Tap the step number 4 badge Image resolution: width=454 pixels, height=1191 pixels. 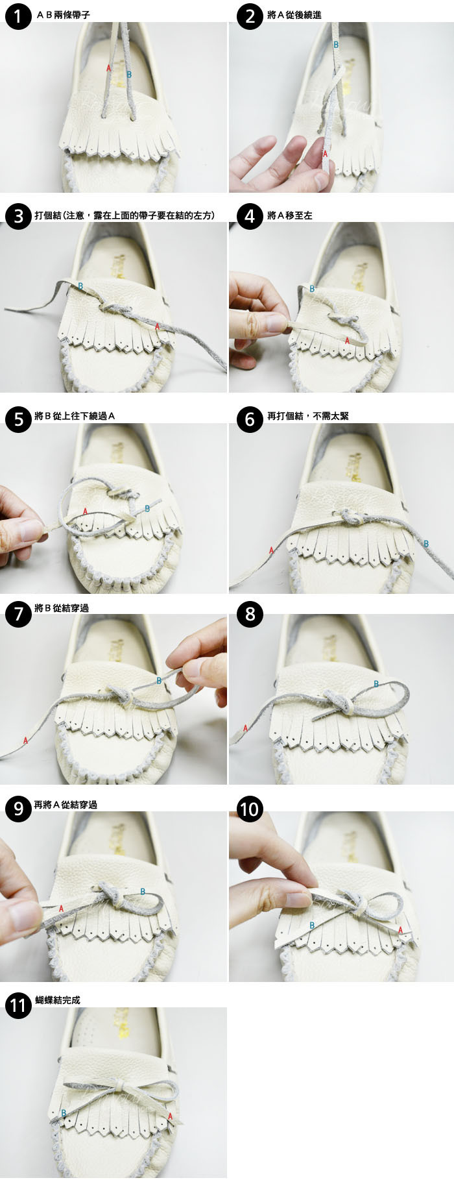point(250,215)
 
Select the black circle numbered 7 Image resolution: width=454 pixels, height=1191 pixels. point(18,613)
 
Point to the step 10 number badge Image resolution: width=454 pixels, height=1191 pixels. point(250,809)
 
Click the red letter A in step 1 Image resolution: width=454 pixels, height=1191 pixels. point(109,67)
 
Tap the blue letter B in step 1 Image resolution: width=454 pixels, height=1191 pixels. point(130,75)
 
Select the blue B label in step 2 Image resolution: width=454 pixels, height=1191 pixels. point(336,45)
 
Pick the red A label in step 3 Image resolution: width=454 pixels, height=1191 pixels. point(158,327)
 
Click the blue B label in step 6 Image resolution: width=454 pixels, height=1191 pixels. point(426,543)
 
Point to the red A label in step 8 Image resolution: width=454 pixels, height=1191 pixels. point(246,728)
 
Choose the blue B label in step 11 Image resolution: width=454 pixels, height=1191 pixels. point(64,1112)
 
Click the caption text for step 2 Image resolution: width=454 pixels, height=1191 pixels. point(294,15)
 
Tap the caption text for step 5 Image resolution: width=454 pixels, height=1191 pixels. point(75,416)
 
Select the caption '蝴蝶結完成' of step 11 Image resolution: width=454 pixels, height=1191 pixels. point(58,1000)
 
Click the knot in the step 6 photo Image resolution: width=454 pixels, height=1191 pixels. point(346,517)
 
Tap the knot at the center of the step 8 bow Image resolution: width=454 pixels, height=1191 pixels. point(343,702)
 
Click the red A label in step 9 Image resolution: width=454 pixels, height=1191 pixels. point(62,909)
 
